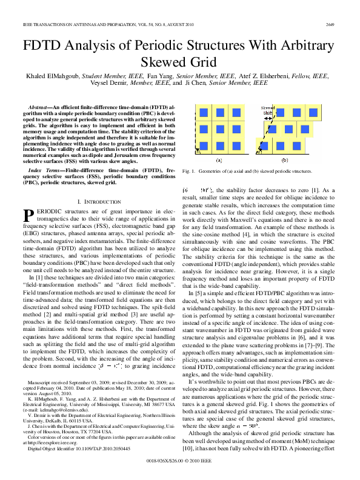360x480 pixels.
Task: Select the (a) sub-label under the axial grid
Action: tap(218, 161)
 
